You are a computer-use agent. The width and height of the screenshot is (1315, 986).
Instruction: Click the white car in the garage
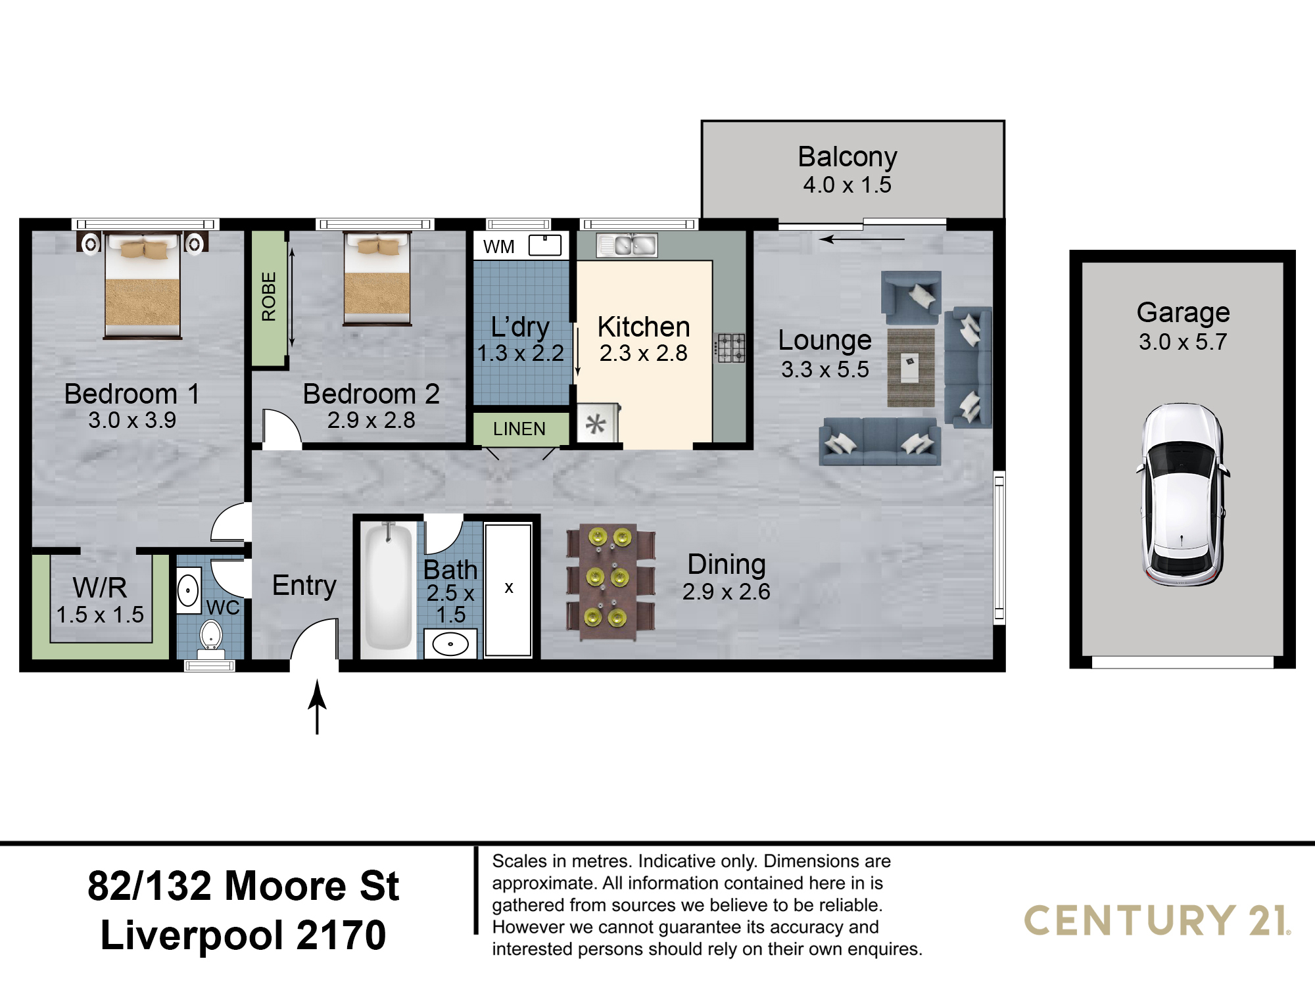(x=1182, y=494)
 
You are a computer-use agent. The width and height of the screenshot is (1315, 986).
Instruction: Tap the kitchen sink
(x=627, y=245)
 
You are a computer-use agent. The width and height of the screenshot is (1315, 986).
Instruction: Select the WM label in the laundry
(x=498, y=247)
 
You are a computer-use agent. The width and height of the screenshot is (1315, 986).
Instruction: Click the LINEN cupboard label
(x=519, y=429)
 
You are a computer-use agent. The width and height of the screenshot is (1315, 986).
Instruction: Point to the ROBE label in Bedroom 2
(x=268, y=296)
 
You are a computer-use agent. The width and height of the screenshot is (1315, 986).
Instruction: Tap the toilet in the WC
(x=211, y=640)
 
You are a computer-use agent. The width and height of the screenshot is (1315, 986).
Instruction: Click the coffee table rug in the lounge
(x=911, y=367)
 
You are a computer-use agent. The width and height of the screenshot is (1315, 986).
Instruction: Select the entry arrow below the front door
(x=318, y=707)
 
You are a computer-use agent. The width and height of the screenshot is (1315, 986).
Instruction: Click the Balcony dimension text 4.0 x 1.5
(x=847, y=185)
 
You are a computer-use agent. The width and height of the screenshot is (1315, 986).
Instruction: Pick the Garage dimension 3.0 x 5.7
(x=1183, y=342)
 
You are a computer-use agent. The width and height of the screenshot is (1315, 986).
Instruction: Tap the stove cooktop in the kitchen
(x=730, y=348)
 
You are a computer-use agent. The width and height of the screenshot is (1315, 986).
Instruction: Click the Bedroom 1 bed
(x=143, y=285)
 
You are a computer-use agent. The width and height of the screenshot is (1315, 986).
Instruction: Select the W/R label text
(x=100, y=587)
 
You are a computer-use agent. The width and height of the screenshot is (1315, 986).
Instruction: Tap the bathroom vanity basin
(x=450, y=644)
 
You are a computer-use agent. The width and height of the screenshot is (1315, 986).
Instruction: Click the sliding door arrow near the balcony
(x=862, y=239)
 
